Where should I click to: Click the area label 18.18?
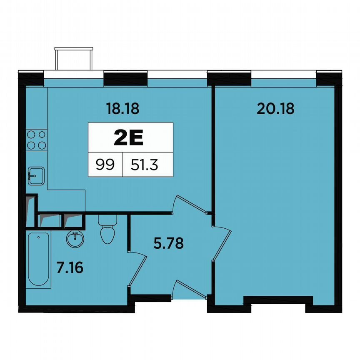[122, 109]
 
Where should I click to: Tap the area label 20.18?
[275, 109]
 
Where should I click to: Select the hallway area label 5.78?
[168, 243]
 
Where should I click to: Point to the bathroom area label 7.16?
[70, 267]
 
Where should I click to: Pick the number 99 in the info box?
[105, 165]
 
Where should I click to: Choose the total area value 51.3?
[144, 165]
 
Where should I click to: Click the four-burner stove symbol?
[36, 140]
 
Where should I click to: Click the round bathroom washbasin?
[75, 239]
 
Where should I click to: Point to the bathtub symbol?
[39, 259]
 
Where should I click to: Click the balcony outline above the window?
[74, 58]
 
